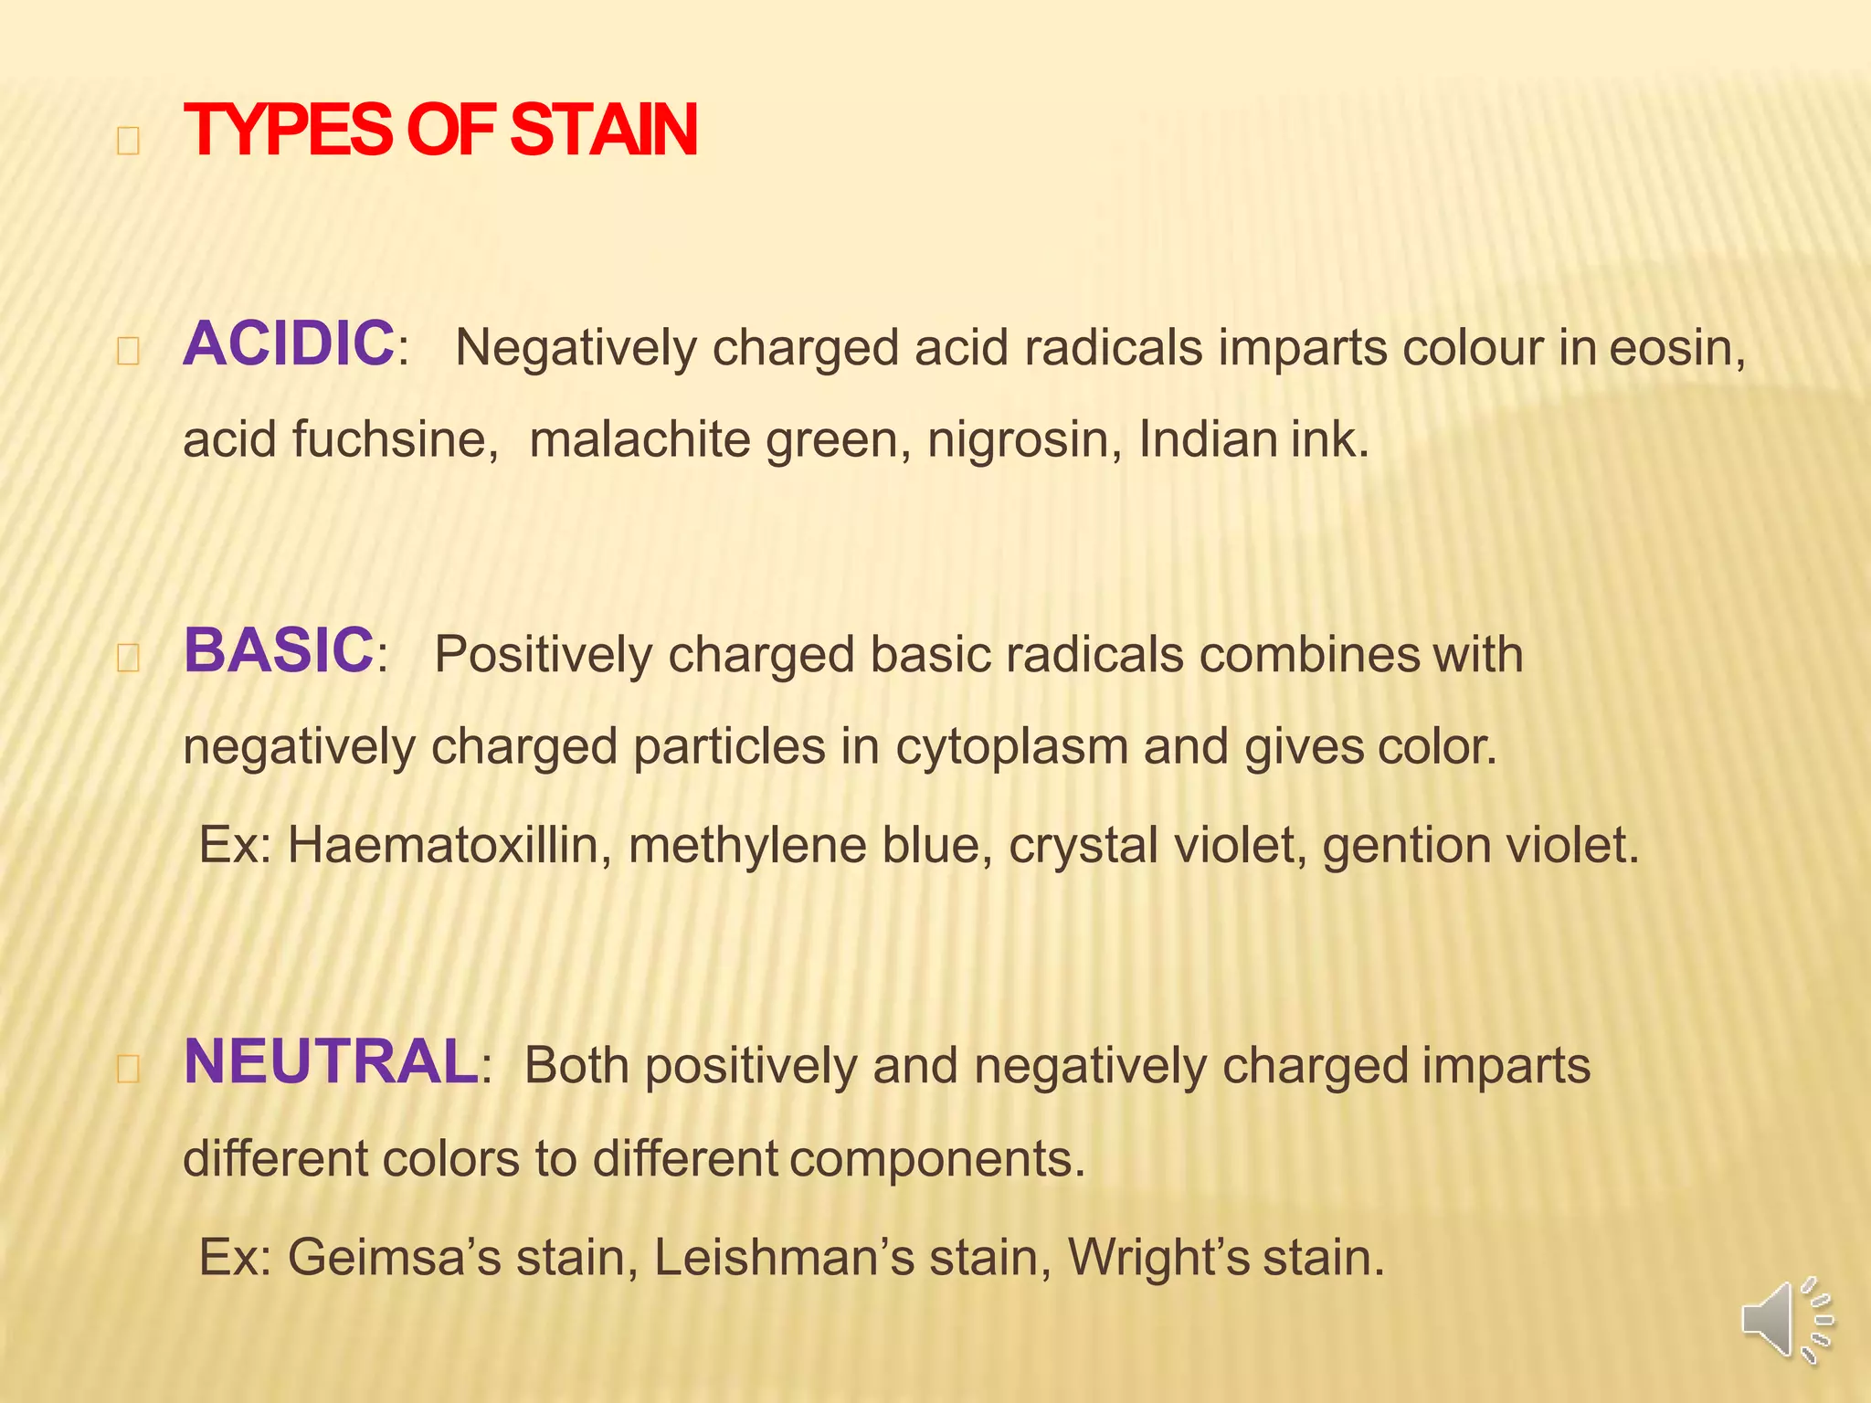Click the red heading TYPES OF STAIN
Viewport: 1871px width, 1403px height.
[440, 131]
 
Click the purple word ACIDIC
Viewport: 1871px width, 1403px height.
[289, 344]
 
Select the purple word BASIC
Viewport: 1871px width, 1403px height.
[279, 650]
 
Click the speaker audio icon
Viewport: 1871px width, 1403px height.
[1786, 1321]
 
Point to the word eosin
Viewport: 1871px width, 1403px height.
[1675, 348]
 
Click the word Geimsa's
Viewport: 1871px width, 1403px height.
[395, 1257]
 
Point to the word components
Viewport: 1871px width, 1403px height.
[936, 1159]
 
